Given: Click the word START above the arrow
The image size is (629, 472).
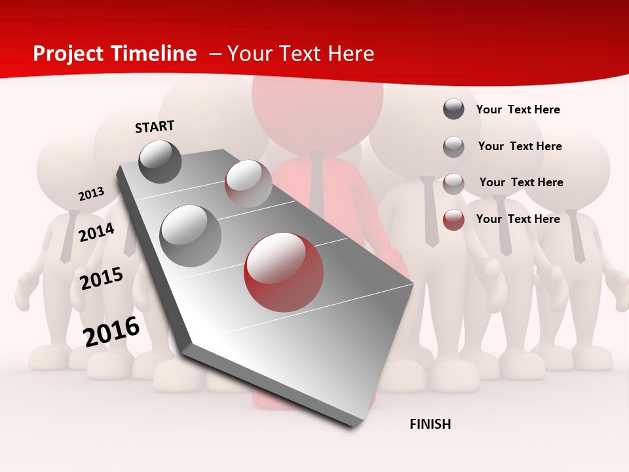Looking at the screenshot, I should pos(155,127).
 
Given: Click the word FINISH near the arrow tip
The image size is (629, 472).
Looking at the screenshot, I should pos(430,424).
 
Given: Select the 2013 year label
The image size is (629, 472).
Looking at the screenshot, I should pos(92,194).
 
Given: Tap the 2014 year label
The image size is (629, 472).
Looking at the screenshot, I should pos(97,232).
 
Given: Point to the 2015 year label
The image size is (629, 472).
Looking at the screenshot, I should pos(102,279).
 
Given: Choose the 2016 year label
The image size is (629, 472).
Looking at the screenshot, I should pos(112,332).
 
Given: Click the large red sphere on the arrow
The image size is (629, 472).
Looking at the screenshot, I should pos(284,272).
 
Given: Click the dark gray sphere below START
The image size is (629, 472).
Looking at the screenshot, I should pos(161,161).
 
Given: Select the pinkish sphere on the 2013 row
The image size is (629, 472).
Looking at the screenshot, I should pos(248,184).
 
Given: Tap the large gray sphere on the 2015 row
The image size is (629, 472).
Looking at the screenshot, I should pos(191,235).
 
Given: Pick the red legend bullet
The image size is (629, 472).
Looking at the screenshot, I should pos(453,220).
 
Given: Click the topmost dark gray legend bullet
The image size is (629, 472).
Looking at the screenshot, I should pos(453,109).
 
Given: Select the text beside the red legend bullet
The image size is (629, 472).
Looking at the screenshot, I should pos(518,219).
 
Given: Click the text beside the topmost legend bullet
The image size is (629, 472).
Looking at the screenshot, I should pos(518,109).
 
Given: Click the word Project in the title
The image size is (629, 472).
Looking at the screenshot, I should pos(69,54).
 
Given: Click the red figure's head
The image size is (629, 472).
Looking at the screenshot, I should pos(317,105).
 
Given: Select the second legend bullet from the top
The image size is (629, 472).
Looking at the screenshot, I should pos(453,147).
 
